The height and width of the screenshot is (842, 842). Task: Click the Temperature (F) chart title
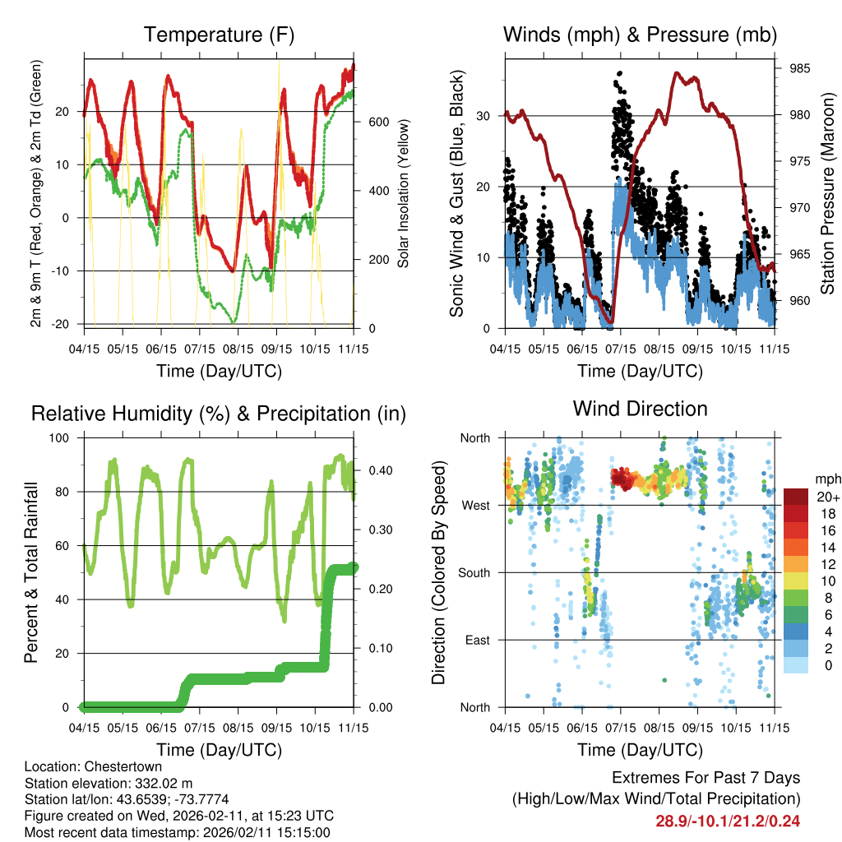point(219,35)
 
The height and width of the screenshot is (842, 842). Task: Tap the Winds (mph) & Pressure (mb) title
point(640,35)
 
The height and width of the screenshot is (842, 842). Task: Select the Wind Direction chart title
point(640,409)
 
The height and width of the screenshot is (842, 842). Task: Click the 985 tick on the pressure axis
point(798,68)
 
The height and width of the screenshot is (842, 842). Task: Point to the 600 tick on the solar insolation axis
point(377,122)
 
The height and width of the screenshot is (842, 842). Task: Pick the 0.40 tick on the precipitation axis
point(375,470)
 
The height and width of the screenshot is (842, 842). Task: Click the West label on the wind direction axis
point(475,505)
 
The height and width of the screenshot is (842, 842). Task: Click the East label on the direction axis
point(476,640)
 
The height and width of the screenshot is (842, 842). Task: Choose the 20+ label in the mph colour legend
point(828,497)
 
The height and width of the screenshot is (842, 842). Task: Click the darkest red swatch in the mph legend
point(796,497)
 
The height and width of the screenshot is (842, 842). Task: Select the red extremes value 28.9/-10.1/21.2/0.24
point(728,821)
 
